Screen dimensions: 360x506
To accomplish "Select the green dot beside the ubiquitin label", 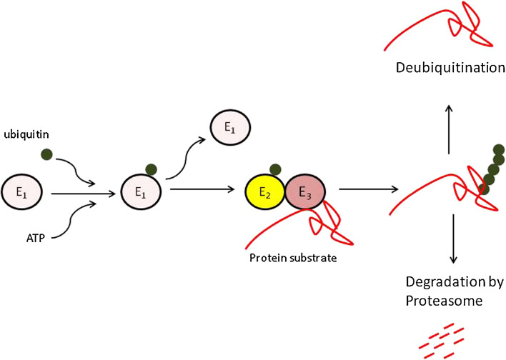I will [x=46, y=154].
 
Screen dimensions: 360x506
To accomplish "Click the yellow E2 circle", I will [x=266, y=192].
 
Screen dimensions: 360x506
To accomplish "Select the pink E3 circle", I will [x=305, y=192].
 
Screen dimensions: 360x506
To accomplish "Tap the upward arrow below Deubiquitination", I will [x=449, y=129].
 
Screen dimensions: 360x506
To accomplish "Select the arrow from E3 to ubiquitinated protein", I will [x=367, y=190].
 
